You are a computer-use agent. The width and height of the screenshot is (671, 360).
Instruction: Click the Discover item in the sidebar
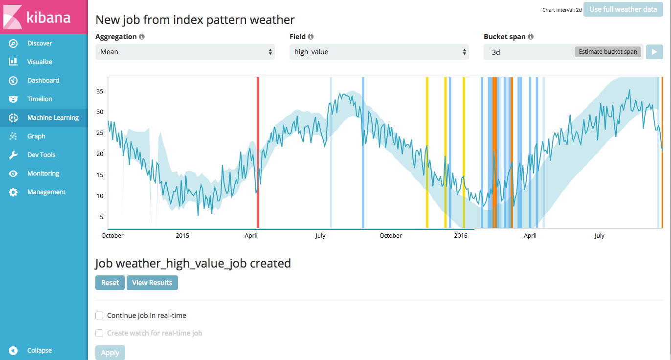pyautogui.click(x=39, y=44)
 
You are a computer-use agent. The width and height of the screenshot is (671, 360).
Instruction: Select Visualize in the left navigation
pyautogui.click(x=39, y=62)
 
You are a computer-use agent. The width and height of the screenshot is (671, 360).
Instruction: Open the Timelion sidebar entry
pyautogui.click(x=39, y=99)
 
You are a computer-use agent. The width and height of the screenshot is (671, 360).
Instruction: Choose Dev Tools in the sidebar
pyautogui.click(x=41, y=155)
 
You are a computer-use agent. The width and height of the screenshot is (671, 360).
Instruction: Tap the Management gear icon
pyautogui.click(x=13, y=192)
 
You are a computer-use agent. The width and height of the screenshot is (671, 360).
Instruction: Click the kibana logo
pyautogui.click(x=37, y=18)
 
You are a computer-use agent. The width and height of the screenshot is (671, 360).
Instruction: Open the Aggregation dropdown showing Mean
pyautogui.click(x=185, y=52)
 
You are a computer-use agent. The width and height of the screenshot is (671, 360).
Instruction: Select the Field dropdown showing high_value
pyautogui.click(x=379, y=52)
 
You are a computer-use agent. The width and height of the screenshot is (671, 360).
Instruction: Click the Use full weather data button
pyautogui.click(x=623, y=9)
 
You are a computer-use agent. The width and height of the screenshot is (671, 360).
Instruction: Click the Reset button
pyautogui.click(x=110, y=283)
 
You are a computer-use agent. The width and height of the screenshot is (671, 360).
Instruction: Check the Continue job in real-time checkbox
pyautogui.click(x=99, y=315)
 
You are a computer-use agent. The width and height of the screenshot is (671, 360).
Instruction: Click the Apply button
pyautogui.click(x=110, y=353)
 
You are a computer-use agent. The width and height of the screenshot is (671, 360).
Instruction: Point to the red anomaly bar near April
pyautogui.click(x=258, y=152)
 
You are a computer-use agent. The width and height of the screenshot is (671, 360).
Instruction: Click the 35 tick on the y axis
pyautogui.click(x=99, y=91)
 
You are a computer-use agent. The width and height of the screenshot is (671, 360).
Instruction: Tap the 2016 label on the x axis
pyautogui.click(x=461, y=236)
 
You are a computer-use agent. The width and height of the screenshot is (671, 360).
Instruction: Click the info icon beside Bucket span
pyautogui.click(x=531, y=37)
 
